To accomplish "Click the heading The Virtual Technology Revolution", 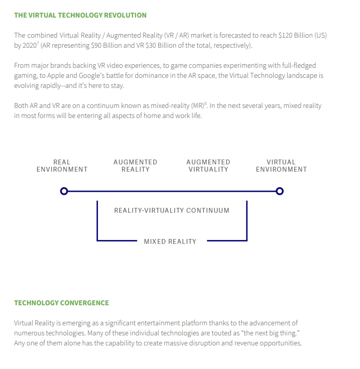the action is point(80,15).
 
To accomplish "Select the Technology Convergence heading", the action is point(61,303).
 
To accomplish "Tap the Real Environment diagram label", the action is point(62,166).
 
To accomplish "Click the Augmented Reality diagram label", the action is point(135,166).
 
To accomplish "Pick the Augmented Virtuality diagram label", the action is point(208,166).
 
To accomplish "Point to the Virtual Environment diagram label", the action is point(281,166).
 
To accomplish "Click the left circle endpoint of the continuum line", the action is point(64,191).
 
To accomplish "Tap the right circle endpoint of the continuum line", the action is point(280,191).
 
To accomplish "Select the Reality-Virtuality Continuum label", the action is point(172,210).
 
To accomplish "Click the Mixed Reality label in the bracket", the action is point(170,241).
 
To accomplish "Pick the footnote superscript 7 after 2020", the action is point(38,43).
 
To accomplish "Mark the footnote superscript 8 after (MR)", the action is point(205,103).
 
